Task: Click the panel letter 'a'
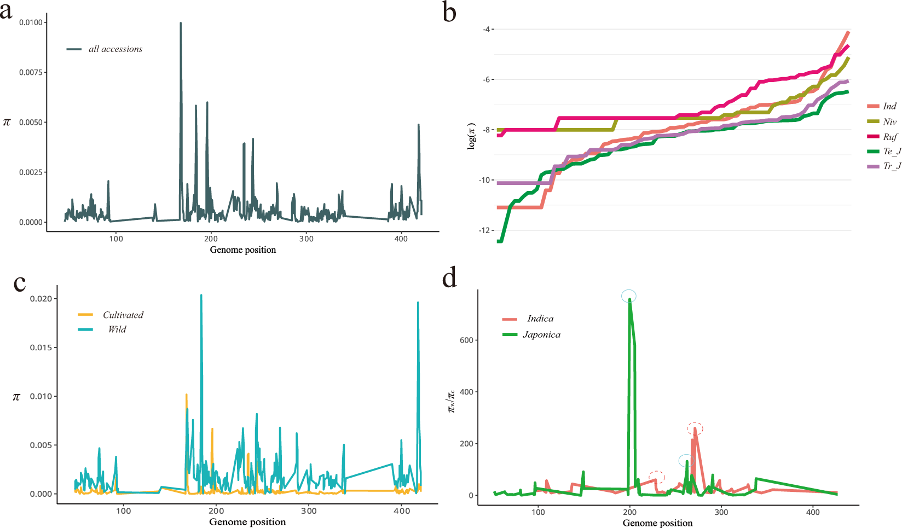(x=6, y=10)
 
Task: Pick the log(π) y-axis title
(x=471, y=136)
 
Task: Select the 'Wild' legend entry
(x=117, y=329)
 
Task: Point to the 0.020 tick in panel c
(x=41, y=299)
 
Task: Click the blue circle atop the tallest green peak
(x=629, y=296)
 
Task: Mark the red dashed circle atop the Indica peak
(x=695, y=428)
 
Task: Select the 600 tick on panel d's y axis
(x=466, y=340)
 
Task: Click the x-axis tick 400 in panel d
(x=813, y=512)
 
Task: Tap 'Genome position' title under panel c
(x=247, y=522)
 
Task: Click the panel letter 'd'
(x=449, y=278)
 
